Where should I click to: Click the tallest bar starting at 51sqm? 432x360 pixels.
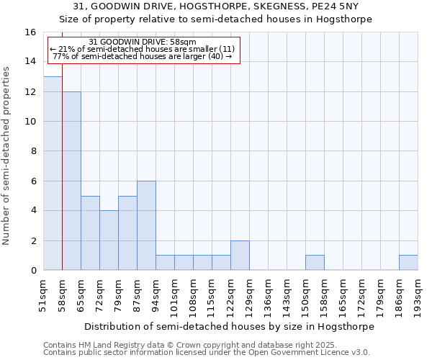[53, 174]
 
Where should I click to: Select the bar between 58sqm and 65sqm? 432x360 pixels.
[71, 181]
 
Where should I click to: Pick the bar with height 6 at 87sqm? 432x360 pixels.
[146, 225]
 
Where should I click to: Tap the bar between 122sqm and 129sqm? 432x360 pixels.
[240, 256]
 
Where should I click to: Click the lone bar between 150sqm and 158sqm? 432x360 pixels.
[315, 263]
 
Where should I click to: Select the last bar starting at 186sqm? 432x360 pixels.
[408, 263]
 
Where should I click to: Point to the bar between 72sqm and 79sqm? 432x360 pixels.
[109, 240]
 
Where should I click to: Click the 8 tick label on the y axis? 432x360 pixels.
[33, 151]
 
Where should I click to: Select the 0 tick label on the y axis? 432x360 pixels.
[33, 271]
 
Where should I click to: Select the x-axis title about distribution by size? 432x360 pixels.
[230, 326]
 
